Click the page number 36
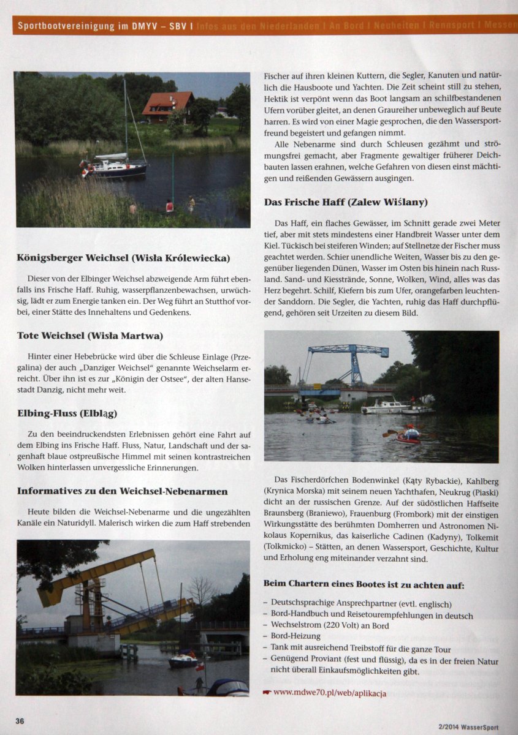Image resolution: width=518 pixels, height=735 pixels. (x=20, y=721)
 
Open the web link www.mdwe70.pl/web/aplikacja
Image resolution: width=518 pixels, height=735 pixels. (x=329, y=692)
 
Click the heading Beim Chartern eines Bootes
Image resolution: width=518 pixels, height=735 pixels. (x=364, y=584)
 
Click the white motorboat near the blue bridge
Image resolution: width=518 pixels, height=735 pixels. (x=384, y=406)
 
